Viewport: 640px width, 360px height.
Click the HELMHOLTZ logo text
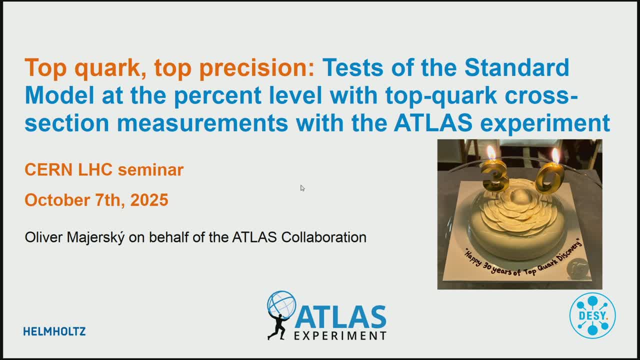click(54, 331)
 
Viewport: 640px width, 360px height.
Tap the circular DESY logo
click(592, 315)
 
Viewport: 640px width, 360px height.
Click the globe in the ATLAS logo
click(281, 305)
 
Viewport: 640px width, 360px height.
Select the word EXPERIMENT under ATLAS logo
click(340, 335)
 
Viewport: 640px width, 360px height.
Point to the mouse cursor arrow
click(302, 188)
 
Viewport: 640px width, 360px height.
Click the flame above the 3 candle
click(491, 152)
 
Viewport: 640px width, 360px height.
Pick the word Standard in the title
click(516, 67)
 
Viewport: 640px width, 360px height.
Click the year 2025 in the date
click(149, 199)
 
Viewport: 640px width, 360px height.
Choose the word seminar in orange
click(150, 169)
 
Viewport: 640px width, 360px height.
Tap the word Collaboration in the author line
click(323, 237)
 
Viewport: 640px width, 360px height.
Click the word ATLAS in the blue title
click(433, 122)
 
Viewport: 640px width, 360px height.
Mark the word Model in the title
click(59, 95)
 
